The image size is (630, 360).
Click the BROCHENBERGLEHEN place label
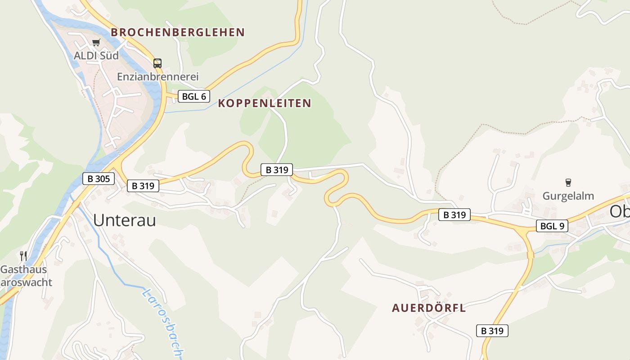[178, 32]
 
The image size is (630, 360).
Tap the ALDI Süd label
[97, 56]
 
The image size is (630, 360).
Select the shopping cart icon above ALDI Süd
[96, 43]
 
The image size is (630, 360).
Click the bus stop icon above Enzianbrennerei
[157, 63]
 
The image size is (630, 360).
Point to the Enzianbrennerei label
[158, 77]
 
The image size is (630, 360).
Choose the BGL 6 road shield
[194, 96]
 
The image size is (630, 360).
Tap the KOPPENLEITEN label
[265, 103]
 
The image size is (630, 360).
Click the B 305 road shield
[99, 179]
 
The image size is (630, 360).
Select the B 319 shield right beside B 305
[143, 185]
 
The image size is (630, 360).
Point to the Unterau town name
[125, 220]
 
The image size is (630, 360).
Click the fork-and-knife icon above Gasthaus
[23, 256]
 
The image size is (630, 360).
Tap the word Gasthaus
[23, 270]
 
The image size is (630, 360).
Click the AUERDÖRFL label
[429, 308]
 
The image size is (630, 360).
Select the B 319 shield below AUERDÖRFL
[492, 331]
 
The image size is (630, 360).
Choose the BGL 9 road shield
[552, 226]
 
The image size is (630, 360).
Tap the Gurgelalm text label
[568, 196]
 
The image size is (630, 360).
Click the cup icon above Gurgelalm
[568, 183]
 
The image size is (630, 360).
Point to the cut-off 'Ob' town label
[620, 212]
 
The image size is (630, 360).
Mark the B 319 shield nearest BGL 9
[454, 215]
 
